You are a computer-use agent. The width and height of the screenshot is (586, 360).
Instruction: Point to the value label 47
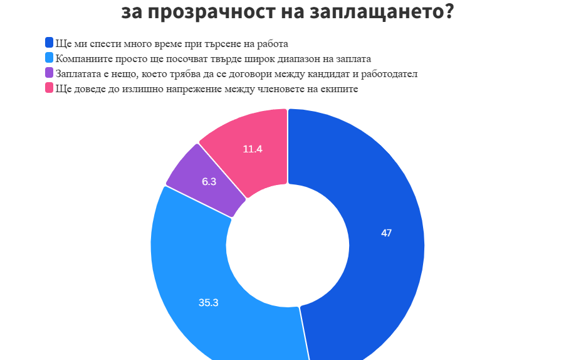coord(387,233)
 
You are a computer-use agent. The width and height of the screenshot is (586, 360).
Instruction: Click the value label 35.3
coord(208,302)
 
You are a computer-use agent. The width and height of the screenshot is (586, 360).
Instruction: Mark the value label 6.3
coord(209,182)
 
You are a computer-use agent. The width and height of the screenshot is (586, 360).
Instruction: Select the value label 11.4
coord(253,149)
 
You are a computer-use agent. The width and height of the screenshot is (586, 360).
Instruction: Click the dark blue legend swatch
coord(49,43)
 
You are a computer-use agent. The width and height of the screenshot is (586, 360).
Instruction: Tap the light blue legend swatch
coord(49,58)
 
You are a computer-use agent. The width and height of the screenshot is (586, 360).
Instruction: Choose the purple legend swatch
coord(49,73)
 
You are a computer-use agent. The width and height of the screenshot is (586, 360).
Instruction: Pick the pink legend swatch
coord(49,88)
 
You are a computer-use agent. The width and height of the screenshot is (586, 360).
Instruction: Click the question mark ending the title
coord(447,11)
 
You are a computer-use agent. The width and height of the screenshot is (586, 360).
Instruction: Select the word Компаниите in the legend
coord(79,59)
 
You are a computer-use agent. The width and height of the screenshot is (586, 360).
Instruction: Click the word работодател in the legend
coord(390,74)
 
